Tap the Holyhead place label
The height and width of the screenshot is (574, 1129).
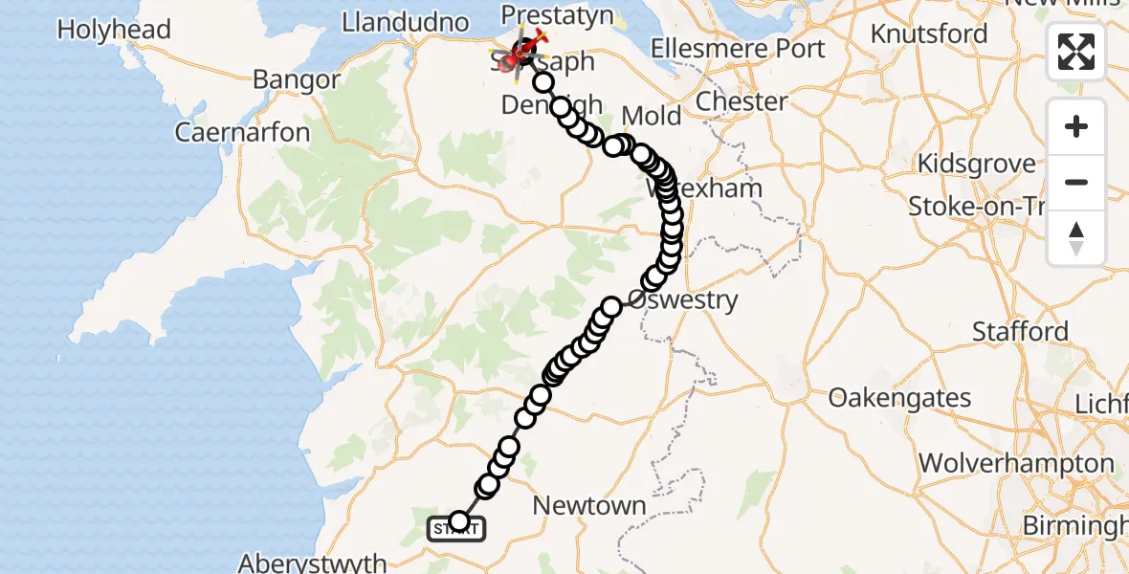[114, 30]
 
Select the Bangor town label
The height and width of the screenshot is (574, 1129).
[296, 80]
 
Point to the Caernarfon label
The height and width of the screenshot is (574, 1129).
[242, 132]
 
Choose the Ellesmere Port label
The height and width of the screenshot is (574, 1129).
[738, 48]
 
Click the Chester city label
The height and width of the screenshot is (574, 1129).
[742, 101]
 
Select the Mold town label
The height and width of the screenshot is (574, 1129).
[652, 117]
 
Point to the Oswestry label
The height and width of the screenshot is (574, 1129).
[683, 300]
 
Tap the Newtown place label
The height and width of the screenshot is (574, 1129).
[589, 506]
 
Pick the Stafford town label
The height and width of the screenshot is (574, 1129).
[1020, 332]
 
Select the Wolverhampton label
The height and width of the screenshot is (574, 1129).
[1016, 465]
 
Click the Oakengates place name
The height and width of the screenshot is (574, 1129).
[899, 398]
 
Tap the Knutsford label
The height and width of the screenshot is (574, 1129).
[929, 34]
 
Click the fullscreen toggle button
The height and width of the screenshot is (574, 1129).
[1076, 52]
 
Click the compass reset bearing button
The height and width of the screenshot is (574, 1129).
[1076, 237]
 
